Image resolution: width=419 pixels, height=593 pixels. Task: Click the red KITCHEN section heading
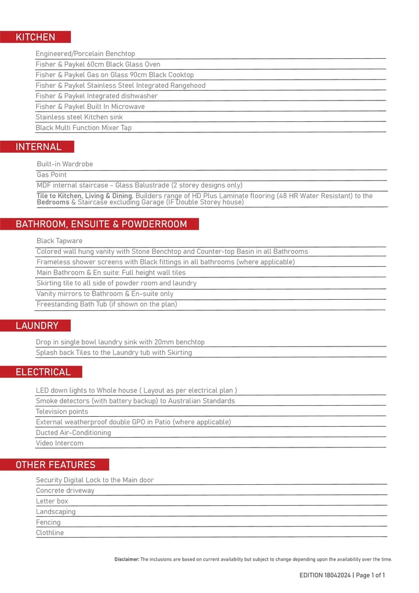[x=36, y=37]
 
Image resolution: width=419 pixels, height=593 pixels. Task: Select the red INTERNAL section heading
[x=38, y=147]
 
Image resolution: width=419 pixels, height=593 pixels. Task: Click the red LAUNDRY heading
[x=37, y=326]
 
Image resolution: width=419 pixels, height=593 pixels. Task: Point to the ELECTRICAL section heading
[x=43, y=372]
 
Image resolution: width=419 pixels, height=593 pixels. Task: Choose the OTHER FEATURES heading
[x=55, y=465]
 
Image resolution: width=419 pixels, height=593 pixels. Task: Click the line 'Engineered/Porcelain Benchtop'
[x=85, y=54]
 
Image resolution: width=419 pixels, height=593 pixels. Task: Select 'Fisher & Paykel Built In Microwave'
[x=90, y=107]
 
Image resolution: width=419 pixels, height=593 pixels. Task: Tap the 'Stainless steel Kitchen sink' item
[x=79, y=117]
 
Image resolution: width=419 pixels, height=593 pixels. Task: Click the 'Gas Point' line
[x=52, y=175]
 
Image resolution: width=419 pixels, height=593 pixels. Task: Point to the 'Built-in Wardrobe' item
[x=65, y=164]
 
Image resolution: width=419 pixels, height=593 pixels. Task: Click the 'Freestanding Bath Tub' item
[x=106, y=304]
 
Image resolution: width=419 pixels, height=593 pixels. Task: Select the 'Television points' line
[x=62, y=412]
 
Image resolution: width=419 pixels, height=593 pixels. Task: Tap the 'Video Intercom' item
[x=60, y=443]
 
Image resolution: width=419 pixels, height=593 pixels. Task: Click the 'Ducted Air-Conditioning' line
[x=73, y=433]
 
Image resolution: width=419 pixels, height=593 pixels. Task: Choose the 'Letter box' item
[x=52, y=501]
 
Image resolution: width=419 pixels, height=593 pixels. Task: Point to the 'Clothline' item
[x=50, y=533]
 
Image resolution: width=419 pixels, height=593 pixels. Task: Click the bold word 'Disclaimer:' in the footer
[x=127, y=560]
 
